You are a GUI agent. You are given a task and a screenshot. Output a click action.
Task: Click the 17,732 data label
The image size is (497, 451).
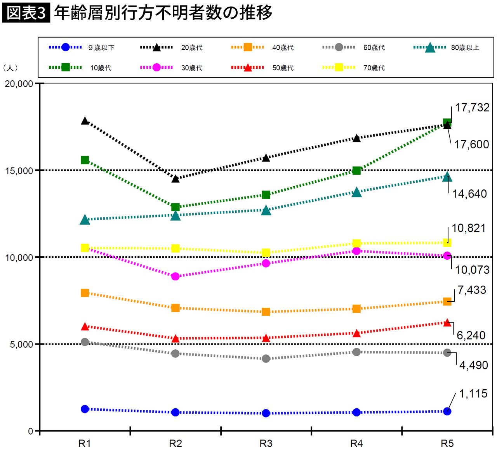472,108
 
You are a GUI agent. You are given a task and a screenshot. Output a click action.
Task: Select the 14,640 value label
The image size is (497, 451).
469,194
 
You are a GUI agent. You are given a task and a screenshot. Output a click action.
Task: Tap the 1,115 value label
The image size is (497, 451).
473,394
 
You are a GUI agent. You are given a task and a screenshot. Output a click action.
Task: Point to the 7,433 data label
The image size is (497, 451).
471,290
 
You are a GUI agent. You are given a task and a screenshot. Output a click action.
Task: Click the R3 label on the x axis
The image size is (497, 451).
266,443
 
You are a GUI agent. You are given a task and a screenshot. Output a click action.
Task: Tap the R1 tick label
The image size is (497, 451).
85,443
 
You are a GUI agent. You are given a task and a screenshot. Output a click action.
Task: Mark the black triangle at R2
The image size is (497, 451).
176,179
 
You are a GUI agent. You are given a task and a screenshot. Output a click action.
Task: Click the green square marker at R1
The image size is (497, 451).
85,160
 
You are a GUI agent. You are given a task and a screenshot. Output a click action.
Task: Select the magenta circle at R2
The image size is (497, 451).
176,276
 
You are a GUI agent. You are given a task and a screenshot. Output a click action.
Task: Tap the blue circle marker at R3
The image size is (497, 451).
266,413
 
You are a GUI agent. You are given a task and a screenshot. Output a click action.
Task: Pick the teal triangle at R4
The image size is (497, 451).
357,192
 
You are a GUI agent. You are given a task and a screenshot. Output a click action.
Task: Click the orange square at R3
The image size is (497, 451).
266,312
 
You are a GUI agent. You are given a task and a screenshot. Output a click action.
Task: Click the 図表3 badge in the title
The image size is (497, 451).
26,13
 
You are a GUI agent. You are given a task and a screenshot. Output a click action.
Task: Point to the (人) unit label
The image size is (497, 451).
10,68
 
